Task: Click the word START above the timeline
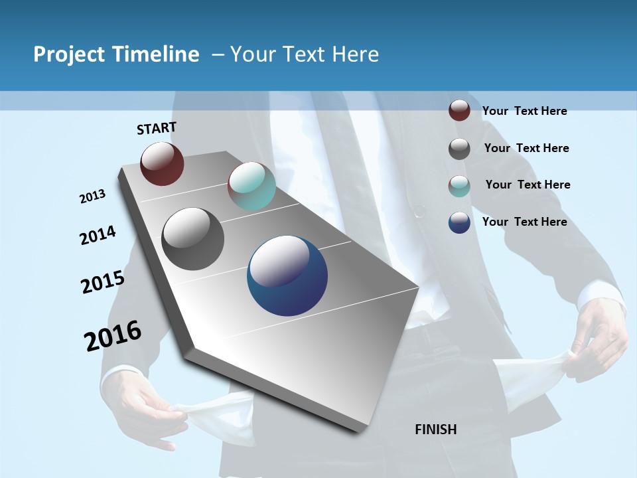point(157,128)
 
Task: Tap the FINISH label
point(436,430)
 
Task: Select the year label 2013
point(93,197)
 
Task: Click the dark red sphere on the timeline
point(162,163)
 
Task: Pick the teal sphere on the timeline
point(251,186)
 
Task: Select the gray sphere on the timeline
point(193,239)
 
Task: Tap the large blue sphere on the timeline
point(287,276)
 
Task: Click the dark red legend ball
point(459,110)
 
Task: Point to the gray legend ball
point(459,148)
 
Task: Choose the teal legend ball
point(459,185)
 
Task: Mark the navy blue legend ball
point(459,222)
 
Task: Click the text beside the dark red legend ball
point(524,111)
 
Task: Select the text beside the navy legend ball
point(524,222)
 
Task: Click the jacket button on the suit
point(419,211)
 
